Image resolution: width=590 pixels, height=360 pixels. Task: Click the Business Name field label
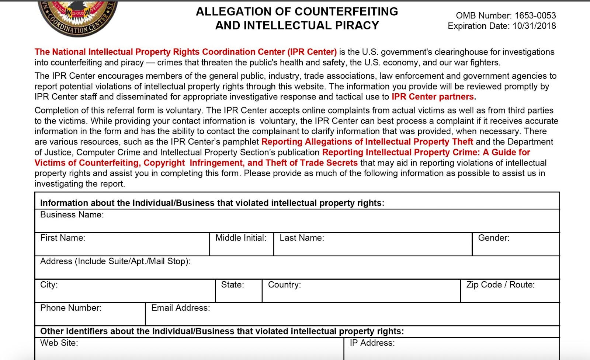point(72,215)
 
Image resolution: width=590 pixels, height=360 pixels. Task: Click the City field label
point(49,285)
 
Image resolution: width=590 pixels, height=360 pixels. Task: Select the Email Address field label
point(180,308)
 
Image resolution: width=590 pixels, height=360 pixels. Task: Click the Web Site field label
point(59,343)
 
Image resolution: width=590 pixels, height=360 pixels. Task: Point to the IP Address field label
point(372,343)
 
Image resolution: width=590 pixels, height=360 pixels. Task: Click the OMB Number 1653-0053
point(506,15)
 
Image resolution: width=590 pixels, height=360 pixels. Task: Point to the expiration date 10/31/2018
point(534,26)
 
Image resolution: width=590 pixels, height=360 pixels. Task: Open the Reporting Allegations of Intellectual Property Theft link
point(367,142)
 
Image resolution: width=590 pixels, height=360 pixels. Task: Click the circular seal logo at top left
point(77,17)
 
